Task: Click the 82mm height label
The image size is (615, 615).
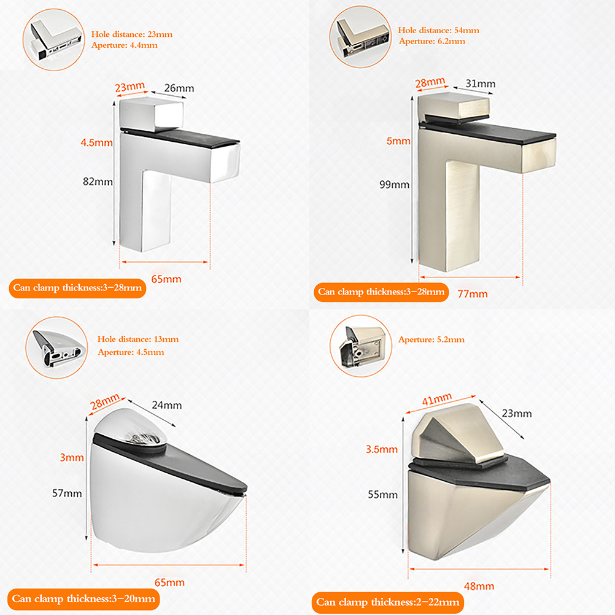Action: click(98, 182)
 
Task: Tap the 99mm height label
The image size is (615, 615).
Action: click(394, 184)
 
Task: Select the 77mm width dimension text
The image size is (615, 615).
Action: click(473, 294)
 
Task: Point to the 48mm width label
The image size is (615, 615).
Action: click(479, 586)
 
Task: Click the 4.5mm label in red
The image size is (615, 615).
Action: click(96, 142)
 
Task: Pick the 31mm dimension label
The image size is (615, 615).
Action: click(481, 83)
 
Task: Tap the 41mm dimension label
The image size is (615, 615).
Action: click(437, 400)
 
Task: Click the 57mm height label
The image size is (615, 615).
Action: click(67, 493)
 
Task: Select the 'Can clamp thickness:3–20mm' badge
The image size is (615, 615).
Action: click(83, 599)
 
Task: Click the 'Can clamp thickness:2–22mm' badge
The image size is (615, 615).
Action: click(388, 602)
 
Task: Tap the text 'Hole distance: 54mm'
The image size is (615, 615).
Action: click(438, 30)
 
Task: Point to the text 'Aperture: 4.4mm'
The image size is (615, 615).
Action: click(125, 45)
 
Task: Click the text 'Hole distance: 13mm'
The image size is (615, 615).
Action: click(138, 339)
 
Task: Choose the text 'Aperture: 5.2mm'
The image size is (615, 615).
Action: click(431, 339)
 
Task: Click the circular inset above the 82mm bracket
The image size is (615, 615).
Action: click(54, 40)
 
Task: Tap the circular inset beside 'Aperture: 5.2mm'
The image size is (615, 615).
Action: click(360, 346)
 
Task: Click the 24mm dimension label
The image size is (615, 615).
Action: click(167, 405)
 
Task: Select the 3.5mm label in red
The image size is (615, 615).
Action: click(382, 449)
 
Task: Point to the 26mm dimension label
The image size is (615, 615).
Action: click(179, 88)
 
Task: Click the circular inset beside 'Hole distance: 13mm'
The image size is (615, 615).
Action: click(57, 347)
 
